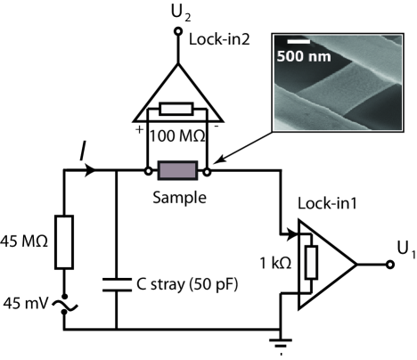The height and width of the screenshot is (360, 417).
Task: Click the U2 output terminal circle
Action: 178,31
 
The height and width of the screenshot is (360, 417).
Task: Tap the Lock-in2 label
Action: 219,39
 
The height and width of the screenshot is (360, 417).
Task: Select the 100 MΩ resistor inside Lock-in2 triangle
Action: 176,109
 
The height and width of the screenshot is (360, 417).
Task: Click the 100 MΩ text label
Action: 177,136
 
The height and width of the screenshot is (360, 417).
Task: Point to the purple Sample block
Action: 177,170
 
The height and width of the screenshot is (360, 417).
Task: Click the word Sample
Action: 179,198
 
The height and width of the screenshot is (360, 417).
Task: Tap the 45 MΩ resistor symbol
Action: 64,242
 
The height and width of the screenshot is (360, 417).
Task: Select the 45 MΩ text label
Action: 24,241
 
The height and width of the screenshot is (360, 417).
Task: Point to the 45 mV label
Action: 25,304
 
